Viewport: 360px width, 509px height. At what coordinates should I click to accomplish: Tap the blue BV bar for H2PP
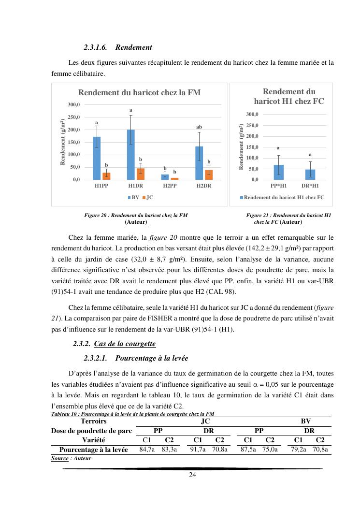[x=165, y=177]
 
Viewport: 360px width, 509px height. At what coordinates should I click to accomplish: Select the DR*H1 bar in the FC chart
[x=310, y=175]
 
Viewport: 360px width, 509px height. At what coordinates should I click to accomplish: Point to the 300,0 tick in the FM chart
[x=73, y=104]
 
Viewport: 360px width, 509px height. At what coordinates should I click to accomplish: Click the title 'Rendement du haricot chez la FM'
[x=139, y=92]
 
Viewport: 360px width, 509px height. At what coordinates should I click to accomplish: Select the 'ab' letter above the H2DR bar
[x=199, y=127]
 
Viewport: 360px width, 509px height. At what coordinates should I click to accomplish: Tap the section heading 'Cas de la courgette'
[x=125, y=344]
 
